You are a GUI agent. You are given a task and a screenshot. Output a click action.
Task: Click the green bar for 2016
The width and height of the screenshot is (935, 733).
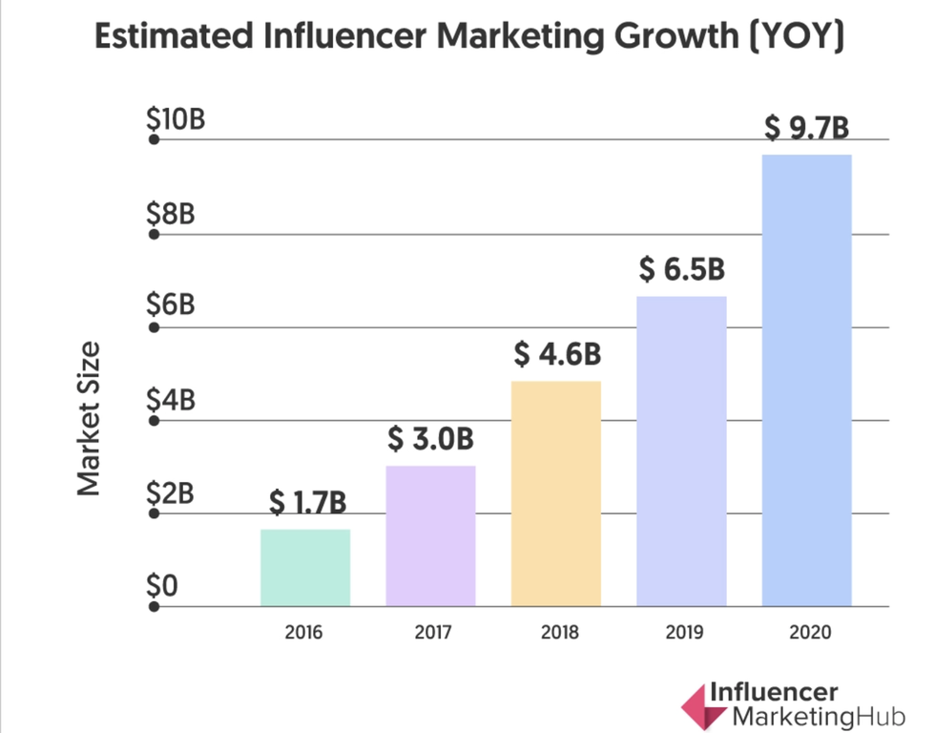click(305, 567)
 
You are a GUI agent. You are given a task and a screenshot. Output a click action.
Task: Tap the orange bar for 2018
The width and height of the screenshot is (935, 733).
click(556, 492)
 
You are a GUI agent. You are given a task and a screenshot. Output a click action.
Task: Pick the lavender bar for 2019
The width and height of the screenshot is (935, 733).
click(681, 450)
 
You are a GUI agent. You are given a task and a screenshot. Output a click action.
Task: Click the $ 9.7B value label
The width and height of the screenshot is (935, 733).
click(806, 128)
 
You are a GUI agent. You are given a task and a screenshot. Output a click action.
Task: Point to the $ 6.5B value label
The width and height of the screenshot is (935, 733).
click(681, 270)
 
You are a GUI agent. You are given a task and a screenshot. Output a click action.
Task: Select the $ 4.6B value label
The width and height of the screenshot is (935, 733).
click(557, 354)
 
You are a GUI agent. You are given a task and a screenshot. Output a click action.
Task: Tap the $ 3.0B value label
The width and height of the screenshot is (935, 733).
click(430, 439)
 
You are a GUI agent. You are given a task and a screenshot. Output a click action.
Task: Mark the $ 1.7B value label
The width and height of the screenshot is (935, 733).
click(306, 502)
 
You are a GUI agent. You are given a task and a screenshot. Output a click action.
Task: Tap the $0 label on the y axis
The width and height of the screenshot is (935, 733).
click(162, 586)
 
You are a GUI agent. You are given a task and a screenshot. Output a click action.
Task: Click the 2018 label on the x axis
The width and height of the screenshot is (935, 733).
click(556, 632)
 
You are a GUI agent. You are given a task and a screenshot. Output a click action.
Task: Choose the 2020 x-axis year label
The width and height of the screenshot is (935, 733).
click(806, 632)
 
